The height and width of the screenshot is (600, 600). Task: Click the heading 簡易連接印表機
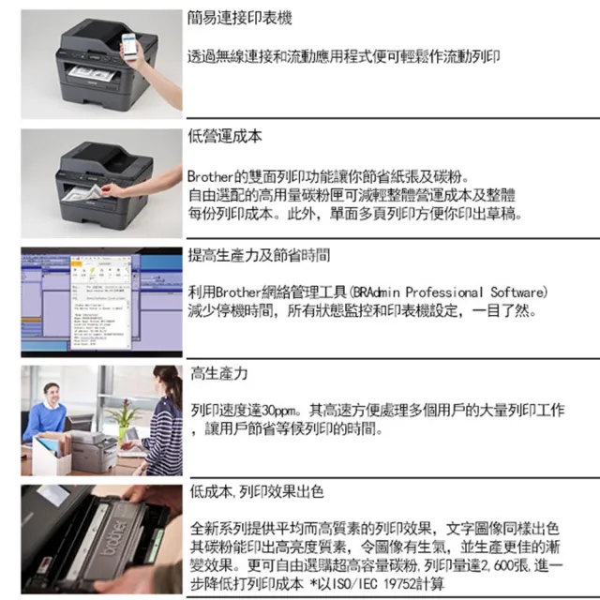[x=240, y=18]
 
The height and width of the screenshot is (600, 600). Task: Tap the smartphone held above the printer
[x=129, y=46]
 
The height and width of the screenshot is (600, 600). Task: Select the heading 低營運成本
[x=225, y=137]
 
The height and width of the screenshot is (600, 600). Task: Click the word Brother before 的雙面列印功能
[x=210, y=176]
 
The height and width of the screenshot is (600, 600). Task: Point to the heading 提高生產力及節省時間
[x=259, y=255]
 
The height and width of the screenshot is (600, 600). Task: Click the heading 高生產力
[x=219, y=374]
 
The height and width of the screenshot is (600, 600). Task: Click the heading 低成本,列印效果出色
[x=257, y=492]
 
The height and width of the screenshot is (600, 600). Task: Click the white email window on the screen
[x=101, y=302]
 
